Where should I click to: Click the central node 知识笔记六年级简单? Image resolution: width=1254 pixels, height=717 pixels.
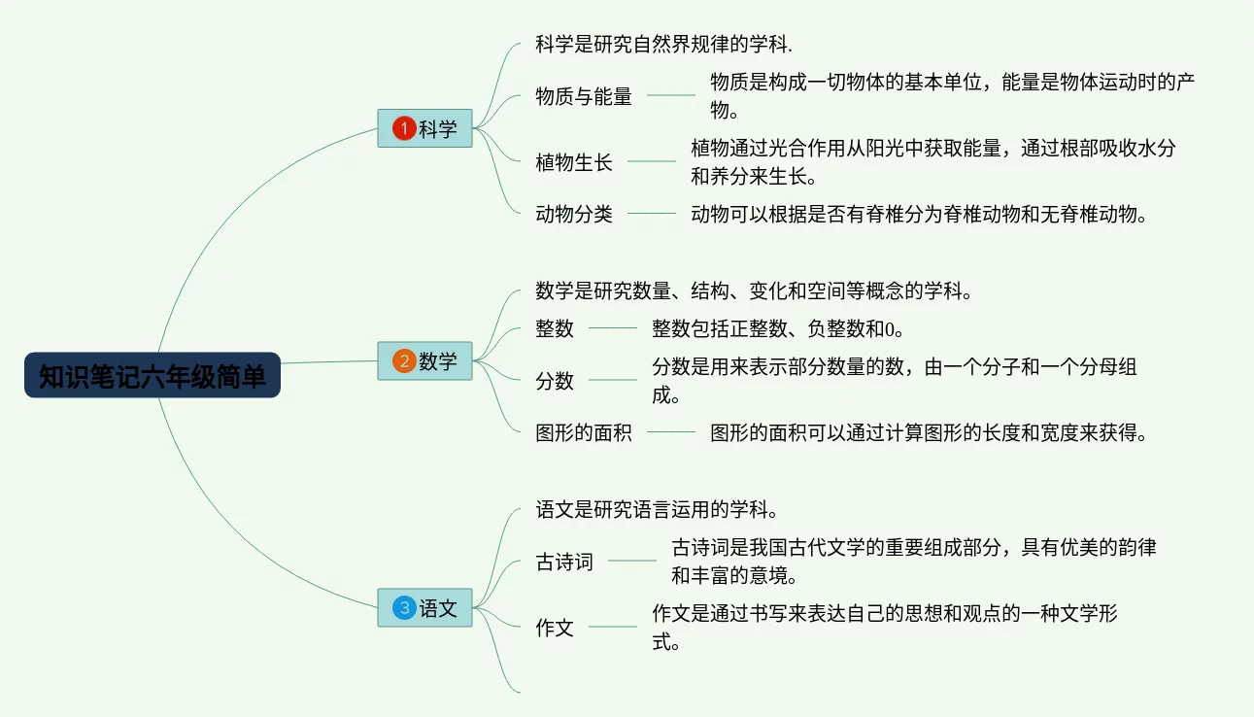click(153, 376)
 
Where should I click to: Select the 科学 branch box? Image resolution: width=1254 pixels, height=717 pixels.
click(424, 128)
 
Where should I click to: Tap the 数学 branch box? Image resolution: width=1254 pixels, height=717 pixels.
click(424, 361)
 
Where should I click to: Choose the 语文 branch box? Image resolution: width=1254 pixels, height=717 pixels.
click(424, 608)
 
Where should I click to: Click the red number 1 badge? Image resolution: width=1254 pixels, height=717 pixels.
click(403, 128)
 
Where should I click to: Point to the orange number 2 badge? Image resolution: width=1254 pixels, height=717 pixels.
click(403, 361)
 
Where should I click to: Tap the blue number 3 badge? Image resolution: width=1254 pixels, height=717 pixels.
click(403, 608)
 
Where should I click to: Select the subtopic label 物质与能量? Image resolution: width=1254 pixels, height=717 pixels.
click(584, 95)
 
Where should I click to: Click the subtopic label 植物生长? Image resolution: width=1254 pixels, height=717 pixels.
click(574, 162)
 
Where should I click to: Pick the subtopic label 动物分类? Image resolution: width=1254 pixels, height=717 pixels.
click(574, 214)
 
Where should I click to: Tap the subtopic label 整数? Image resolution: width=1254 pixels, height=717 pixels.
click(555, 328)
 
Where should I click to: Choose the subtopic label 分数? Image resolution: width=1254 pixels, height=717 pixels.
click(555, 381)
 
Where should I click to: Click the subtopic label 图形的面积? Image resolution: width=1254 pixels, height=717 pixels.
click(584, 432)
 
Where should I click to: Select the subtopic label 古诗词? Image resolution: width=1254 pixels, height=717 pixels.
click(564, 562)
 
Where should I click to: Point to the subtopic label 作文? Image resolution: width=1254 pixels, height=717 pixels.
click(555, 628)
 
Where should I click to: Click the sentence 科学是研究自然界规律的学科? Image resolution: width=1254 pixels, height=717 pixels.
click(663, 44)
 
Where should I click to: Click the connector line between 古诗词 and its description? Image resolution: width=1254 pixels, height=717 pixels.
click(632, 561)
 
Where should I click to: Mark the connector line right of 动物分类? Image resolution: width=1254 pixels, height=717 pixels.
click(652, 214)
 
